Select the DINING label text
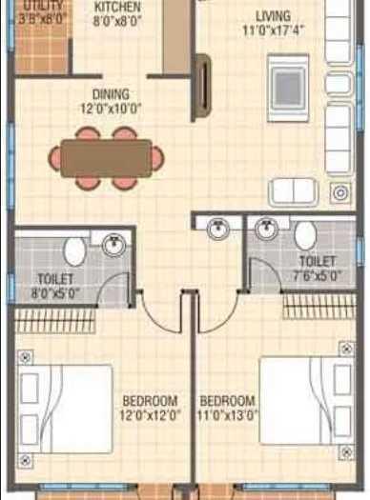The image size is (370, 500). [113, 94]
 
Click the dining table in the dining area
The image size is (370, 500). [105, 156]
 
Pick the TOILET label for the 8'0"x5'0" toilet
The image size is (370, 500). [55, 280]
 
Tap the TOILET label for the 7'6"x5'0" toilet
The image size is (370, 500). [317, 260]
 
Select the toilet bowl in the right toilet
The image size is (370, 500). [305, 235]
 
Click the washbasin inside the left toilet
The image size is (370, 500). [113, 244]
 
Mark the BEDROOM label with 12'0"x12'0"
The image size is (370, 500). [151, 400]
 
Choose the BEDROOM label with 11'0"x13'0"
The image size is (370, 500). [227, 400]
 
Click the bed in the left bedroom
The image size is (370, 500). [66, 399]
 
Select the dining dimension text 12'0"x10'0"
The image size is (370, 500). [113, 109]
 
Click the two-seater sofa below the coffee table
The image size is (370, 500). [293, 191]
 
